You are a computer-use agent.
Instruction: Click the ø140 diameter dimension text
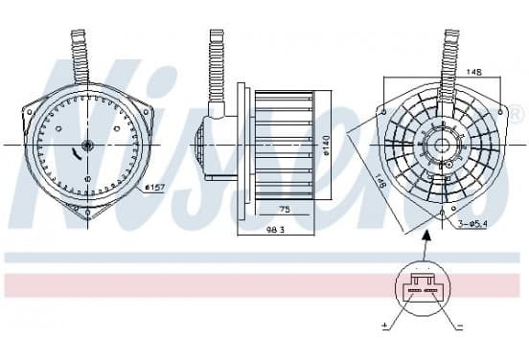(326, 146)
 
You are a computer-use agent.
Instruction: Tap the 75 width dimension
(285, 210)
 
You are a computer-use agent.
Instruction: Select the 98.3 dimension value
(276, 230)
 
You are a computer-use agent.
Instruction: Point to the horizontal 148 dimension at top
(474, 72)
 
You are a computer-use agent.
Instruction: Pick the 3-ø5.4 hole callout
(472, 223)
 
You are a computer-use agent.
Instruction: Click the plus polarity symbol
(384, 326)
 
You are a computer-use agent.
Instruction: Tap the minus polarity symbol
(459, 326)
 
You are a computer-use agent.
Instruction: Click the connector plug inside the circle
(422, 286)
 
